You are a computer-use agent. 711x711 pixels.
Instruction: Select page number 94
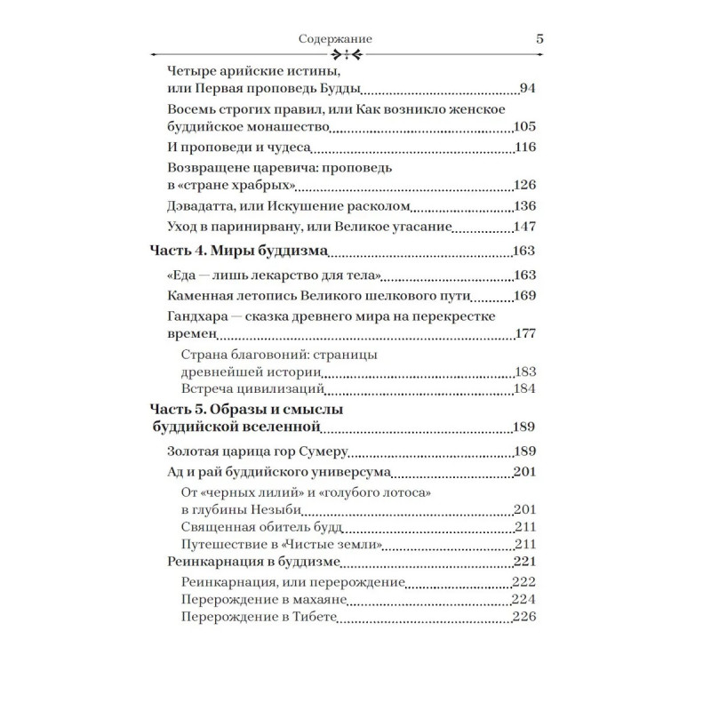[530, 88]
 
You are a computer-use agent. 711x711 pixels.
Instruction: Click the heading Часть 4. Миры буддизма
[239, 252]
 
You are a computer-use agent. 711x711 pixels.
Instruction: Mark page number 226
[526, 618]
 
